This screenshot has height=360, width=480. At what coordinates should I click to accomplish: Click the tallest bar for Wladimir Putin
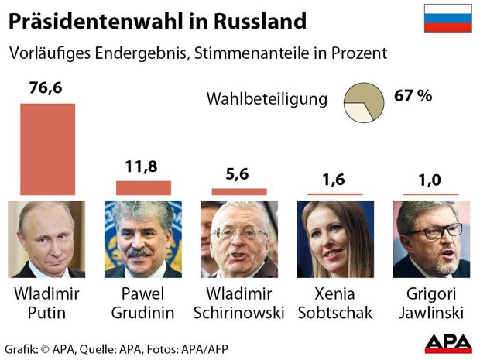pyautogui.click(x=47, y=148)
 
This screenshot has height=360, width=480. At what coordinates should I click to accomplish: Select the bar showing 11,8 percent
pyautogui.click(x=143, y=188)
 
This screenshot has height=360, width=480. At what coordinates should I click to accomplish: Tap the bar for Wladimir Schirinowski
pyautogui.click(x=239, y=191)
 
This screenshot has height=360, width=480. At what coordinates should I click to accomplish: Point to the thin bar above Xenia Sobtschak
pyautogui.click(x=335, y=194)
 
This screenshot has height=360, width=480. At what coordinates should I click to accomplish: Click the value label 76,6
pyautogui.click(x=46, y=87)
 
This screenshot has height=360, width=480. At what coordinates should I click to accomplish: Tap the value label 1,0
pyautogui.click(x=431, y=180)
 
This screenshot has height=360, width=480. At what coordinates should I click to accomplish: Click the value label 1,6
pyautogui.click(x=335, y=180)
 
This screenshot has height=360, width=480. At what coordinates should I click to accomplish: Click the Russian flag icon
pyautogui.click(x=447, y=18)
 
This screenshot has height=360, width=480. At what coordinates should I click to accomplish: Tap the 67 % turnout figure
pyautogui.click(x=413, y=97)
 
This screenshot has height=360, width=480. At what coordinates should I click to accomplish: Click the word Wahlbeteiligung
pyautogui.click(x=267, y=99)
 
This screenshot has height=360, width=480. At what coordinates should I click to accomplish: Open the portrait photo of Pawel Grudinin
pyautogui.click(x=143, y=239)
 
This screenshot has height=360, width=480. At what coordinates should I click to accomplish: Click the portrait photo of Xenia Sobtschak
pyautogui.click(x=335, y=239)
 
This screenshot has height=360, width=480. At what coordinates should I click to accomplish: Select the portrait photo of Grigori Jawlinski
pyautogui.click(x=431, y=239)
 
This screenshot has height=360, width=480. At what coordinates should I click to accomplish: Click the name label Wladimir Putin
pyautogui.click(x=47, y=303)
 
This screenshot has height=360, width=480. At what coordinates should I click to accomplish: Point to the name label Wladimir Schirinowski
pyautogui.click(x=239, y=303)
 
